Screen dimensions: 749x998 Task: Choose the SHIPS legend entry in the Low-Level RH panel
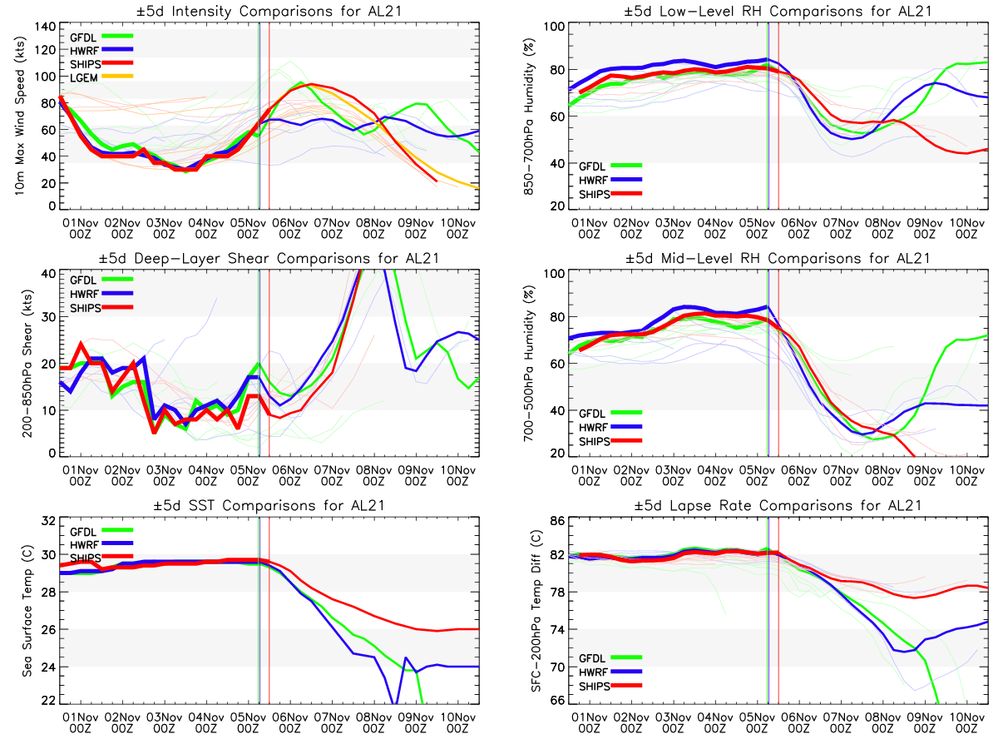(x=595, y=194)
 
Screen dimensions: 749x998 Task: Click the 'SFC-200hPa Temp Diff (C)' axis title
(x=526, y=612)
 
